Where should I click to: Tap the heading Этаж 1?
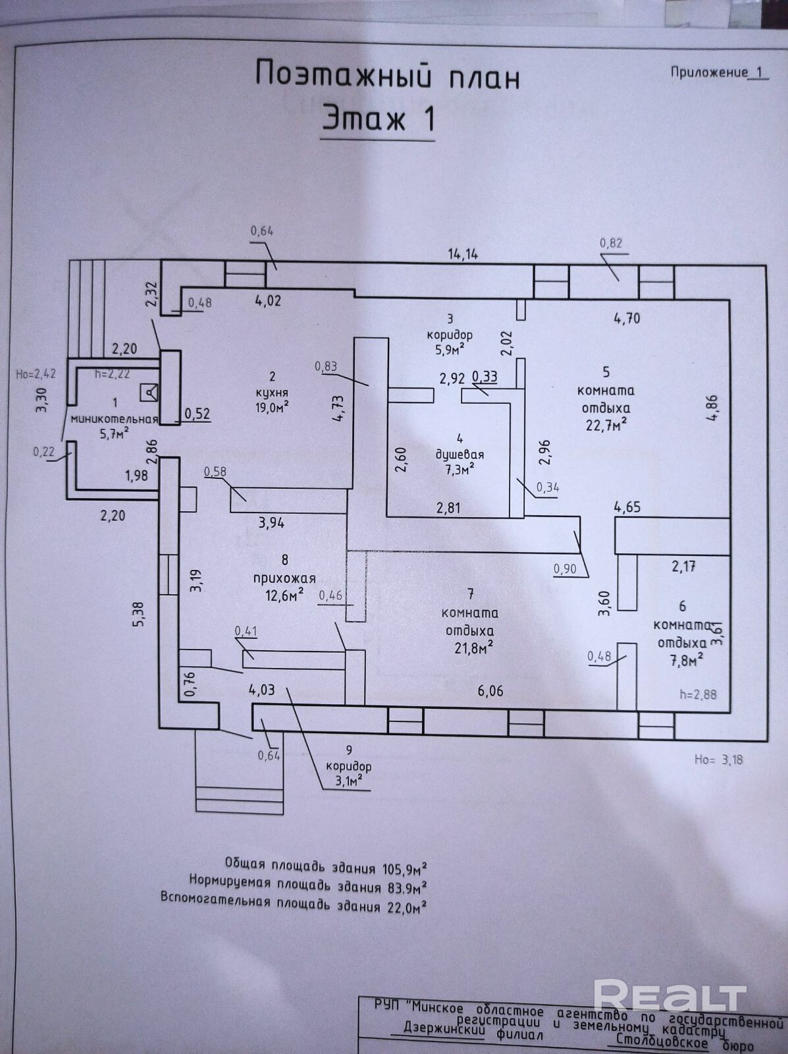tap(378, 118)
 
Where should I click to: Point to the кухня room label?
tap(272, 393)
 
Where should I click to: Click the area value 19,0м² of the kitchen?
tap(272, 407)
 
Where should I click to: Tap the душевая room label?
tap(460, 454)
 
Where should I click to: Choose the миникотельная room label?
tap(114, 419)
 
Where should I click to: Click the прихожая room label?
tap(284, 578)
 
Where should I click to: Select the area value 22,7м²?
tap(606, 425)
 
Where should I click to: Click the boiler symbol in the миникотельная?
tap(149, 393)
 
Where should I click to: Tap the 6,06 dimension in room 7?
tap(490, 691)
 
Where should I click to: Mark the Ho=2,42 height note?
tap(36, 374)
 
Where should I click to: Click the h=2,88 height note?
tap(698, 694)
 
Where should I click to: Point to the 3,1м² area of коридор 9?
tap(352, 781)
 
